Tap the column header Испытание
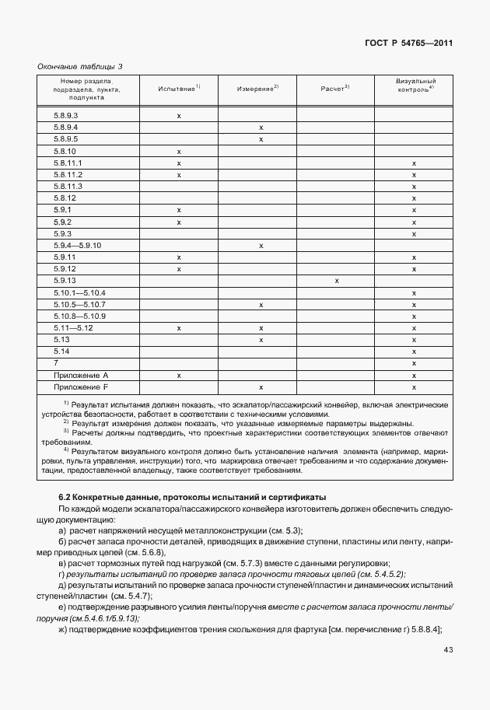click(x=178, y=89)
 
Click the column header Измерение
click(x=257, y=89)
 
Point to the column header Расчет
click(x=334, y=89)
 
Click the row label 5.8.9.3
click(x=66, y=116)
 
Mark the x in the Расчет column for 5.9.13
click(x=336, y=281)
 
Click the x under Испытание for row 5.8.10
click(x=179, y=151)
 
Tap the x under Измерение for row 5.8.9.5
click(x=261, y=139)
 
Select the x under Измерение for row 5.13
click(x=261, y=340)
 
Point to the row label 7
click(x=56, y=363)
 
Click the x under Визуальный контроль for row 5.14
click(x=415, y=352)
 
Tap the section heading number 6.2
click(x=65, y=496)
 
